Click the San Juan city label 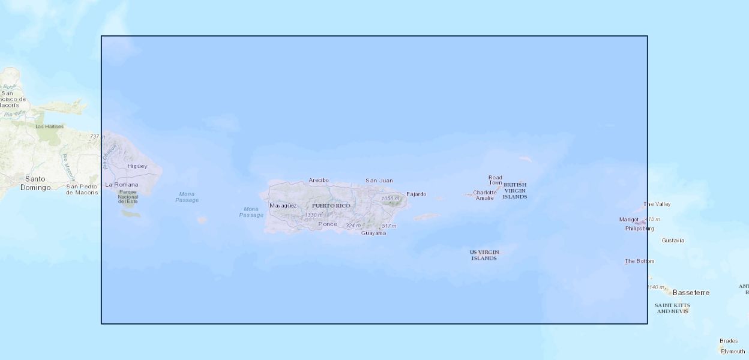click(379, 180)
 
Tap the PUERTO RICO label click(331, 206)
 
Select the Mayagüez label click(283, 206)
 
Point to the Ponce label click(327, 224)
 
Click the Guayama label click(373, 233)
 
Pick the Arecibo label click(319, 180)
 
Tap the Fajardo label click(416, 194)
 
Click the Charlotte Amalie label click(485, 195)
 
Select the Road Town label click(495, 180)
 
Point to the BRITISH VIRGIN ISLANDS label click(515, 191)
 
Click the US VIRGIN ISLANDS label click(484, 255)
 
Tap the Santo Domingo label click(35, 183)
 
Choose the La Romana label click(121, 184)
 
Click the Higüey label click(137, 166)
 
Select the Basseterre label click(691, 293)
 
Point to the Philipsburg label click(639, 229)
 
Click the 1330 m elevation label click(313, 215)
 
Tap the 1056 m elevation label click(390, 199)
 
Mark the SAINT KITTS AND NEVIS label click(672, 308)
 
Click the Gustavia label click(673, 241)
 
